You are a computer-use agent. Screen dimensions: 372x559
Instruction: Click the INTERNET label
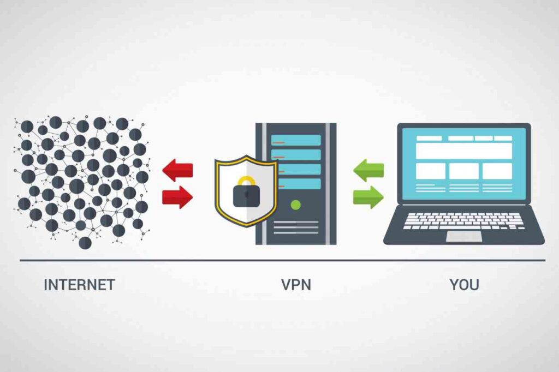pyautogui.click(x=79, y=285)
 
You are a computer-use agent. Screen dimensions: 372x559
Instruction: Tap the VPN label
pyautogui.click(x=296, y=285)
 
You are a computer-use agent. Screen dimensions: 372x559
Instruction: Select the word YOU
pyautogui.click(x=465, y=285)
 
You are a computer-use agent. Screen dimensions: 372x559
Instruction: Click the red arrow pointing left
pyautogui.click(x=177, y=171)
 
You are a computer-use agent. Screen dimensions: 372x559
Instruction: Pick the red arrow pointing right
pyautogui.click(x=177, y=197)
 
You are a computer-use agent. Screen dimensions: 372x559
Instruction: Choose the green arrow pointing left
pyautogui.click(x=368, y=171)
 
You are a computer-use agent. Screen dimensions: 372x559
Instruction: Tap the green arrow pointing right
pyautogui.click(x=368, y=197)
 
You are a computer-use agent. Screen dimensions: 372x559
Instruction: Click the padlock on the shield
pyautogui.click(x=246, y=195)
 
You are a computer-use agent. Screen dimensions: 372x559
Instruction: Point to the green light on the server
pyautogui.click(x=296, y=205)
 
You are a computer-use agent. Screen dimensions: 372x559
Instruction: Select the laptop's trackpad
pyautogui.click(x=464, y=236)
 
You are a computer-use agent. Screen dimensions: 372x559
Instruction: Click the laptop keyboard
pyautogui.click(x=464, y=220)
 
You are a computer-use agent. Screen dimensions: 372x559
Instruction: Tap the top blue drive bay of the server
pyautogui.click(x=296, y=140)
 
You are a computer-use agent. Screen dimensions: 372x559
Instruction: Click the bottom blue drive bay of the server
pyautogui.click(x=296, y=184)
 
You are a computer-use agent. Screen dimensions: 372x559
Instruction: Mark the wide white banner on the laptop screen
pyautogui.click(x=464, y=151)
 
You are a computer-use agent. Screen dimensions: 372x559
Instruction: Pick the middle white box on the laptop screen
pyautogui.click(x=464, y=171)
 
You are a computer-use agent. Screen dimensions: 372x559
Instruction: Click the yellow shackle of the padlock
pyautogui.click(x=246, y=181)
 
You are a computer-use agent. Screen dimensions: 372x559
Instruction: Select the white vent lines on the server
pyautogui.click(x=296, y=227)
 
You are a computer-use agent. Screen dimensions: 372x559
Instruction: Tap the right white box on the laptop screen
pyautogui.click(x=497, y=171)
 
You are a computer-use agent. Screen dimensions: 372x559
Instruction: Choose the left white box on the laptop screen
pyautogui.click(x=431, y=171)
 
